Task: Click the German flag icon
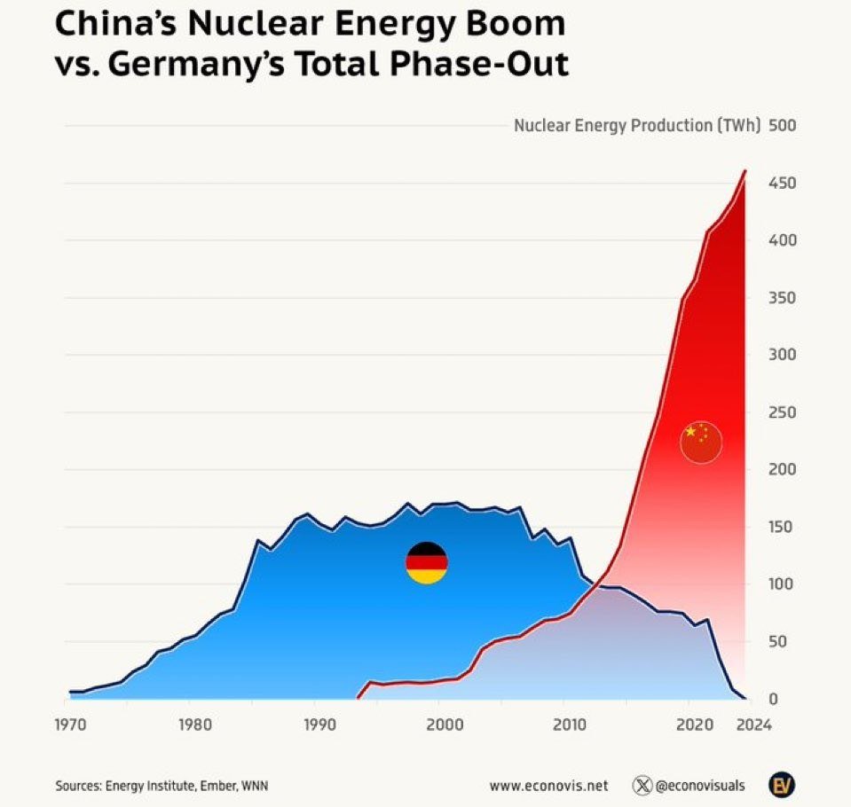coord(427,563)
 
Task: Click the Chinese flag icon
coord(701,442)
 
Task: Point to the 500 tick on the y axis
coord(783,125)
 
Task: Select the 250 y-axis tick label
coord(783,412)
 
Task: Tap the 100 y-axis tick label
coord(783,584)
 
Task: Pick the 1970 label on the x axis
coord(69,725)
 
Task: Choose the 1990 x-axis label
coord(317,725)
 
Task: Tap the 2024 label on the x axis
coord(754,725)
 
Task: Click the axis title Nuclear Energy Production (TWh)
coord(637,125)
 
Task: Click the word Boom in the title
coord(516,24)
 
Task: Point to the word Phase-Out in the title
coord(486,65)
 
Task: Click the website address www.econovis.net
coord(548,786)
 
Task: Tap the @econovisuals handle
coord(700,786)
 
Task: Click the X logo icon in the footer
coord(642,786)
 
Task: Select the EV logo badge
coord(781,785)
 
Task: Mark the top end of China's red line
coord(745,170)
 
